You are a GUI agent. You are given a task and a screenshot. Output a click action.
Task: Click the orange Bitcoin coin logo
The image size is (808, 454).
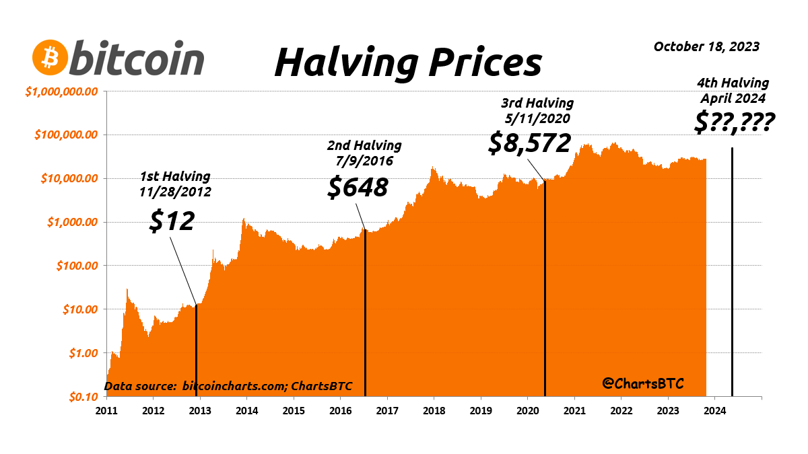click(x=50, y=59)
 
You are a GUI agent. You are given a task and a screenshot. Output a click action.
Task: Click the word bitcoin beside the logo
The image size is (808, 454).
click(x=137, y=59)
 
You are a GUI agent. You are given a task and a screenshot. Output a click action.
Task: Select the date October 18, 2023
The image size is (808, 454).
click(x=706, y=46)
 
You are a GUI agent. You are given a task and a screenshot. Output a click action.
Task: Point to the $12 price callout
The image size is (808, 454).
click(x=172, y=221)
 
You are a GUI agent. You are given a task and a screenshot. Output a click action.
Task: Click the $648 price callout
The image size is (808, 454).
click(x=358, y=187)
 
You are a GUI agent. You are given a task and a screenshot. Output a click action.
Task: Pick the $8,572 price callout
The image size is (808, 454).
click(x=529, y=143)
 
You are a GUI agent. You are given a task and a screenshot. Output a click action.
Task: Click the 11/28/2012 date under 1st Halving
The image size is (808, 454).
click(x=175, y=191)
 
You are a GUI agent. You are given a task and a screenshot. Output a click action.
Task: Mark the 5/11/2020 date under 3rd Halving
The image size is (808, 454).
click(x=537, y=118)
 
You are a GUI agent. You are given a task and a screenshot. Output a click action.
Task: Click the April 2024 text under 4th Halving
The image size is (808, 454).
click(x=733, y=98)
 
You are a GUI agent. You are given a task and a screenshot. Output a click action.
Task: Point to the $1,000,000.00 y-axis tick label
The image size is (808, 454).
click(x=62, y=91)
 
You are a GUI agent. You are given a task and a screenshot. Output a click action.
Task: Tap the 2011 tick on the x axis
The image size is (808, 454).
click(x=107, y=410)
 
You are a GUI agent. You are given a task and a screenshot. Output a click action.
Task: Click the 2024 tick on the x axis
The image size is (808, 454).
click(x=715, y=410)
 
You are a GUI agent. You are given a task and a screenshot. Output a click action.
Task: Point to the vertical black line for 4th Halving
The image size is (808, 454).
click(x=732, y=269)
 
